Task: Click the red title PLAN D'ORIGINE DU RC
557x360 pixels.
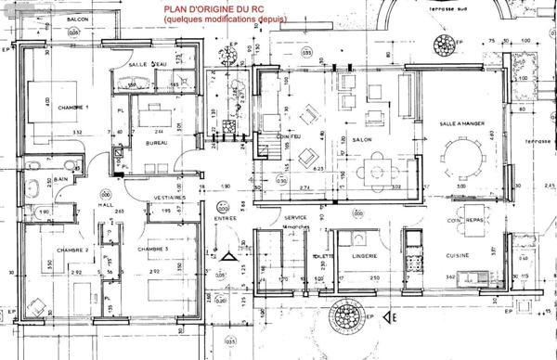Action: coord(215,10)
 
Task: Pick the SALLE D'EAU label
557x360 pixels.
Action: coord(149,63)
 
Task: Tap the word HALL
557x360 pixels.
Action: coord(107,203)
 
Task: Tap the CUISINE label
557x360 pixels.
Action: coord(457,255)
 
